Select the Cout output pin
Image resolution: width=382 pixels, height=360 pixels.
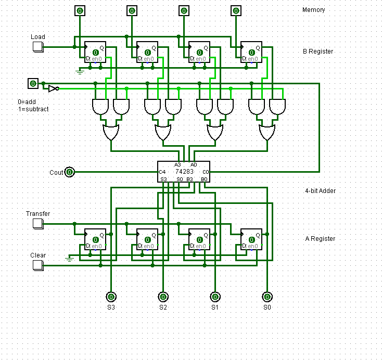tap(70, 172)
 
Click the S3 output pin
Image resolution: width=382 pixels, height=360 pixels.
tap(111, 297)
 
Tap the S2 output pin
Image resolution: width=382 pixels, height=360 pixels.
tap(163, 297)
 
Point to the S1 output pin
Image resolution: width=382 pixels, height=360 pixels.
tap(215, 297)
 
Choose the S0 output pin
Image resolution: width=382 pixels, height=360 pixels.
tap(267, 297)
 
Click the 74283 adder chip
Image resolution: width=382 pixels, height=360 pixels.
tap(184, 172)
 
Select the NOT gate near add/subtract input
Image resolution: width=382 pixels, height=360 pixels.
tap(53, 89)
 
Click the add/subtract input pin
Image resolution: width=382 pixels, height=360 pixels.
tap(33, 84)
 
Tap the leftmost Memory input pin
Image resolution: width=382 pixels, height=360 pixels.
tap(80, 10)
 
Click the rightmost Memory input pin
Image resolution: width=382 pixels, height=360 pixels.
tap(236, 10)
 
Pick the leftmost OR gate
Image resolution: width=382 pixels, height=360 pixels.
tap(111, 133)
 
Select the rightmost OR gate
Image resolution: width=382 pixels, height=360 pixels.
tap(267, 133)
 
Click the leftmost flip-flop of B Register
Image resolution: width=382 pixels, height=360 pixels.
tap(95, 52)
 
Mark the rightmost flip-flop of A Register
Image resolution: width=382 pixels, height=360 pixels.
tap(251, 239)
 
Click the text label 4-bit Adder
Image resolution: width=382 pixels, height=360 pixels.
tap(320, 191)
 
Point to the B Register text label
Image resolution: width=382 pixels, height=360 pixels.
tap(318, 52)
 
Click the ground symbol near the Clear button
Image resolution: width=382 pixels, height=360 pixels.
tap(69, 257)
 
